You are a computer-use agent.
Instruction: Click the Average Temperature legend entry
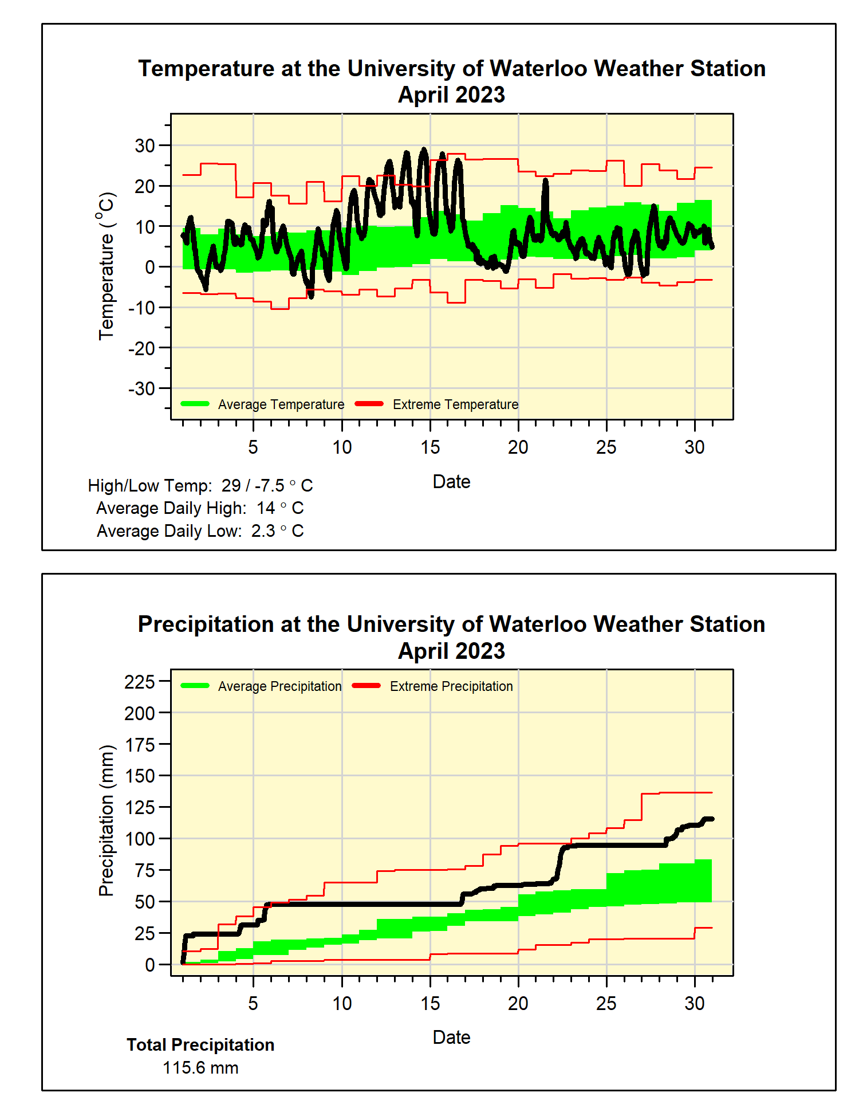click(281, 404)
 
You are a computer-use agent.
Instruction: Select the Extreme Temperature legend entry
click(455, 404)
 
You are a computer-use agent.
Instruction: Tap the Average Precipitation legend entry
click(279, 686)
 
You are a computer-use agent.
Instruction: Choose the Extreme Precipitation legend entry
click(451, 686)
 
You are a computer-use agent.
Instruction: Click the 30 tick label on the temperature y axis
click(144, 146)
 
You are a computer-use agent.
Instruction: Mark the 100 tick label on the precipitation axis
click(140, 839)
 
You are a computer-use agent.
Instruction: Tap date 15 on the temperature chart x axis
click(430, 447)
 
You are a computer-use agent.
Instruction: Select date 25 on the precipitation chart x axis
click(606, 1004)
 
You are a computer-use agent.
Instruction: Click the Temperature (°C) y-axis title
click(107, 266)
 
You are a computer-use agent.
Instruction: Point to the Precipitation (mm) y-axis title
click(107, 820)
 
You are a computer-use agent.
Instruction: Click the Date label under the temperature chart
click(451, 482)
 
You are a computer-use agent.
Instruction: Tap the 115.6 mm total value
click(200, 1068)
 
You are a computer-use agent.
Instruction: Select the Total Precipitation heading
click(200, 1045)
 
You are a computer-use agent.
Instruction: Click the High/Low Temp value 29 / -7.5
click(253, 486)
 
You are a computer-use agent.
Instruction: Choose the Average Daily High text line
click(200, 508)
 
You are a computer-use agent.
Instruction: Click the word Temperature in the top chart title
click(206, 69)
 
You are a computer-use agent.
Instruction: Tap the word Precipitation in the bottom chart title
click(206, 624)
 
